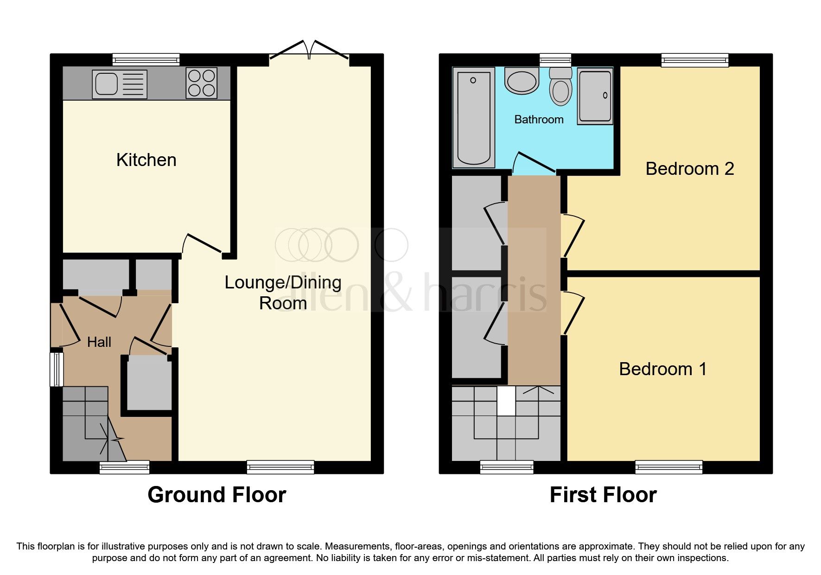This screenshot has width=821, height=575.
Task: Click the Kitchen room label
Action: click(146, 160)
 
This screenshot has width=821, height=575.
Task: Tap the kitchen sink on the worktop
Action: click(120, 84)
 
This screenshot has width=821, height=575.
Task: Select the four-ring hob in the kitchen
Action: click(201, 83)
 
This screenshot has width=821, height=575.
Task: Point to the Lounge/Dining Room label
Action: click(283, 292)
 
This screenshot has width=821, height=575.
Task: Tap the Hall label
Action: click(99, 342)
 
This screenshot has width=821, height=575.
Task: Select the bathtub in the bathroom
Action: click(473, 117)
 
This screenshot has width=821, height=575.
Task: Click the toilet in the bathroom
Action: click(560, 86)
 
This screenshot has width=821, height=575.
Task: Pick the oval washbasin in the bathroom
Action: click(522, 82)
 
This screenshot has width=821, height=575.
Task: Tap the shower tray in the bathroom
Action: click(595, 97)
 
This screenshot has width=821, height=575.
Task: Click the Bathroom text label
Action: click(539, 120)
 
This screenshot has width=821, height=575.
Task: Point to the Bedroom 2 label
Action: click(689, 169)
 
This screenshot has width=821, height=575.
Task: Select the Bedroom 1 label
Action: click(662, 369)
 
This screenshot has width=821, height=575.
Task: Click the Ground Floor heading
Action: click(216, 495)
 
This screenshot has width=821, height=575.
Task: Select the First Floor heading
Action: click(603, 495)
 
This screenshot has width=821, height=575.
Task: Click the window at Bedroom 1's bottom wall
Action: click(668, 467)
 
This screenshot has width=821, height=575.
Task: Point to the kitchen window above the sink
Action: click(146, 59)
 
